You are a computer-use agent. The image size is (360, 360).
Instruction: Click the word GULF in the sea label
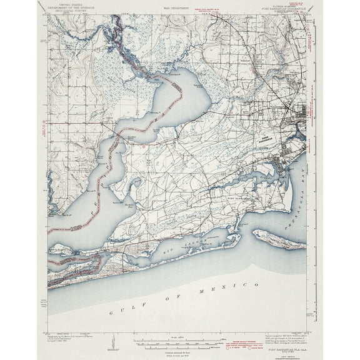click(118, 311)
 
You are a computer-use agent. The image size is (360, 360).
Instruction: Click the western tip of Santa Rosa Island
click(254, 233)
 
